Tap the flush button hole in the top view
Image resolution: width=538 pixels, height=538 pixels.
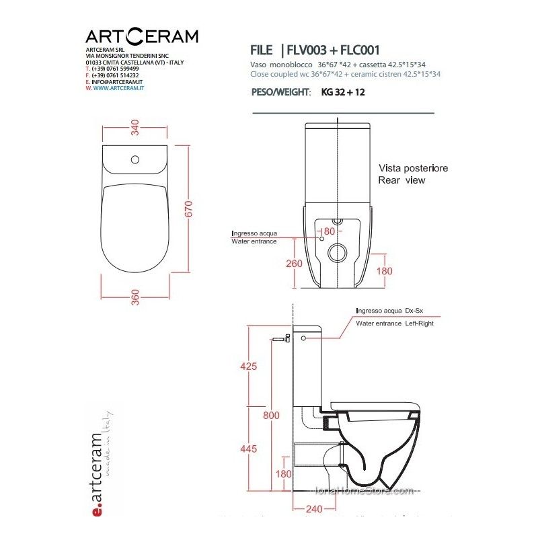(x=135, y=160)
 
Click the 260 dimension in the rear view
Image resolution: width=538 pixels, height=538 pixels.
(x=294, y=264)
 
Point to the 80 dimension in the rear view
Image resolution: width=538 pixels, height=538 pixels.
(x=329, y=231)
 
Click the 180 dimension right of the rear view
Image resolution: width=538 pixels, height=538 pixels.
(x=384, y=270)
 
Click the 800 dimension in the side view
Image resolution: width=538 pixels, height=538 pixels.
(x=271, y=416)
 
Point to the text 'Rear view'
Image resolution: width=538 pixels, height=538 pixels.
(x=401, y=180)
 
